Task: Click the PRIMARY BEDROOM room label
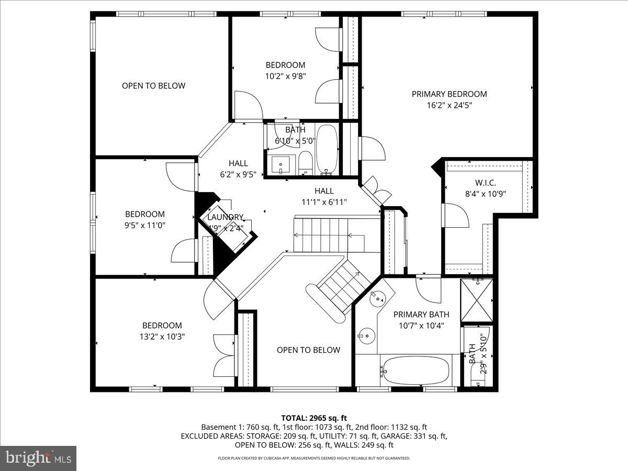tap(449, 94)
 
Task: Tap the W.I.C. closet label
tap(485, 183)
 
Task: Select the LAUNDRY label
tap(225, 217)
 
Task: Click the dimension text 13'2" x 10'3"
tap(162, 337)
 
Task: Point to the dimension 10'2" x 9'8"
tap(285, 75)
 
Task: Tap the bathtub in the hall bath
tap(328, 149)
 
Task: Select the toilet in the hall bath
tap(305, 163)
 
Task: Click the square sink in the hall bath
tap(281, 164)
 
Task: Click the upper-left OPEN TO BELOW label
tap(153, 86)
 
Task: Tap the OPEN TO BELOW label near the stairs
tap(308, 350)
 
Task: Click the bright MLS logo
tap(38, 458)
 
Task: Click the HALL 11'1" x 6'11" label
tap(324, 196)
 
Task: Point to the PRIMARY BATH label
tap(421, 315)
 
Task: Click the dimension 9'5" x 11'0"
tap(144, 225)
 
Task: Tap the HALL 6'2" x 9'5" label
tap(238, 169)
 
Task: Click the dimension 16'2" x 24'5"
tap(449, 105)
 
